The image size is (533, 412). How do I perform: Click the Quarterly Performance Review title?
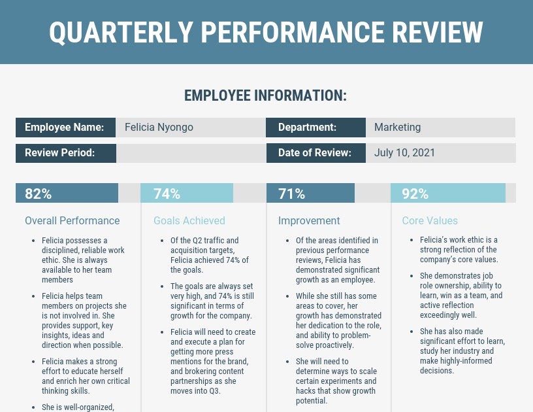tap(266, 32)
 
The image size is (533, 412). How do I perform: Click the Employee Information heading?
tap(265, 95)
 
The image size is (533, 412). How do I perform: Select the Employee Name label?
tap(64, 128)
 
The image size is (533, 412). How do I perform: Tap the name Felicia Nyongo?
tap(159, 128)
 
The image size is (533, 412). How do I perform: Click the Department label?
tap(307, 128)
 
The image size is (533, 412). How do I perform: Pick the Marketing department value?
tap(397, 128)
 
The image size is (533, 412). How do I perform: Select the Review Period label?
tap(60, 153)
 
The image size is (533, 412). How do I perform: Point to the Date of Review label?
tap(315, 153)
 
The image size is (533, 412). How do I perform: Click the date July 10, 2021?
tap(404, 153)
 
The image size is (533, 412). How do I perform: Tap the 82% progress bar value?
tap(38, 194)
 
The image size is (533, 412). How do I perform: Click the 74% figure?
tap(167, 194)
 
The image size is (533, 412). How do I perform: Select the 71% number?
tap(291, 194)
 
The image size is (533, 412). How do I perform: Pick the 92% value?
tap(415, 194)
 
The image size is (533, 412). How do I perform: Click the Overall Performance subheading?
tap(72, 220)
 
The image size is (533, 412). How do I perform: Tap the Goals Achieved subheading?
tap(189, 220)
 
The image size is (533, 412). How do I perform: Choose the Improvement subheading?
tap(309, 220)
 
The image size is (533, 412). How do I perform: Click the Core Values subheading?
tap(430, 220)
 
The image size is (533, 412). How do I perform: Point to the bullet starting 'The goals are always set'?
tap(211, 301)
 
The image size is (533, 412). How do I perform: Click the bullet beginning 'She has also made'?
tap(462, 351)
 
